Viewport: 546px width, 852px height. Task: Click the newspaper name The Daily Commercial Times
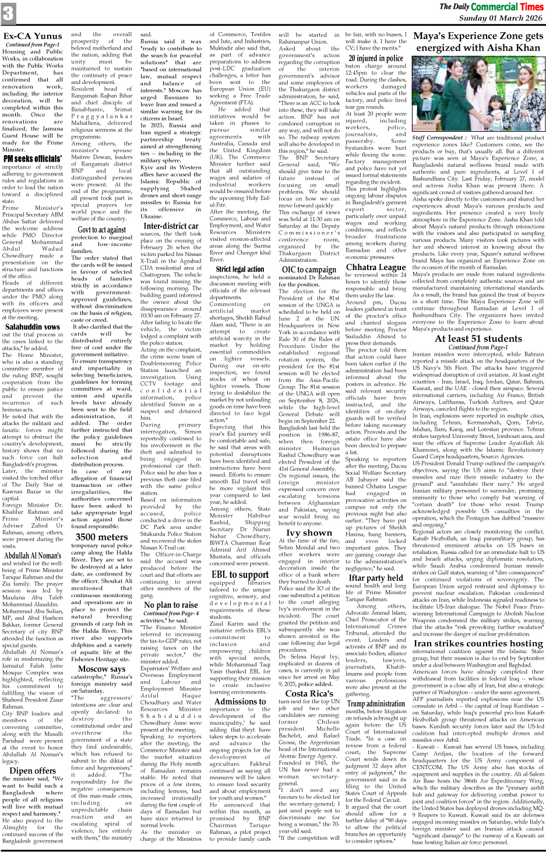(x=491, y=7)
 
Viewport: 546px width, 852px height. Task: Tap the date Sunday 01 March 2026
(x=500, y=18)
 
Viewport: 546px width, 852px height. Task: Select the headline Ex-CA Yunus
(x=33, y=36)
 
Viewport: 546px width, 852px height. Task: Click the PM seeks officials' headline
(x=33, y=159)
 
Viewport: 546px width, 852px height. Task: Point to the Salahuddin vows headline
(x=33, y=327)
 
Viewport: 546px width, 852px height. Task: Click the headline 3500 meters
(x=101, y=537)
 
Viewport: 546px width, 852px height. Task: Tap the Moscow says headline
(x=101, y=668)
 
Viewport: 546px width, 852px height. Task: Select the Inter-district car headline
(x=171, y=226)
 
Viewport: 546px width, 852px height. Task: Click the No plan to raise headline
(x=171, y=605)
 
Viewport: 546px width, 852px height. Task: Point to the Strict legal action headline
(x=239, y=269)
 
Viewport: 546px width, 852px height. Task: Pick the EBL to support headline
(x=239, y=574)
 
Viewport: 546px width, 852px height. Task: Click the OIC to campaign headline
(x=309, y=269)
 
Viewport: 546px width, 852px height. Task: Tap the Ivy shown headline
(x=309, y=532)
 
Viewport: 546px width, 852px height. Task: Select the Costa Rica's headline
(x=309, y=693)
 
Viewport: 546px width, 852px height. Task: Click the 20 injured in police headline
(x=376, y=58)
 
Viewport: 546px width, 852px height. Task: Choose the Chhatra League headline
(x=376, y=267)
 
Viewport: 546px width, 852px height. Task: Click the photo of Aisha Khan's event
(x=477, y=94)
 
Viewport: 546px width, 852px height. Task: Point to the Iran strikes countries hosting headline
(x=477, y=643)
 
